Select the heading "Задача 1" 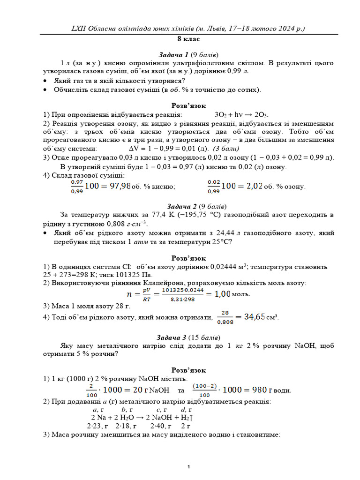(174, 54)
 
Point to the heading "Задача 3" (174, 337)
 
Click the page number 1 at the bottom (188, 467)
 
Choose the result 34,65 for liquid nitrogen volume (255, 317)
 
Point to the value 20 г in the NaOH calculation (139, 390)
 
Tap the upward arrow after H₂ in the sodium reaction (192, 417)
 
